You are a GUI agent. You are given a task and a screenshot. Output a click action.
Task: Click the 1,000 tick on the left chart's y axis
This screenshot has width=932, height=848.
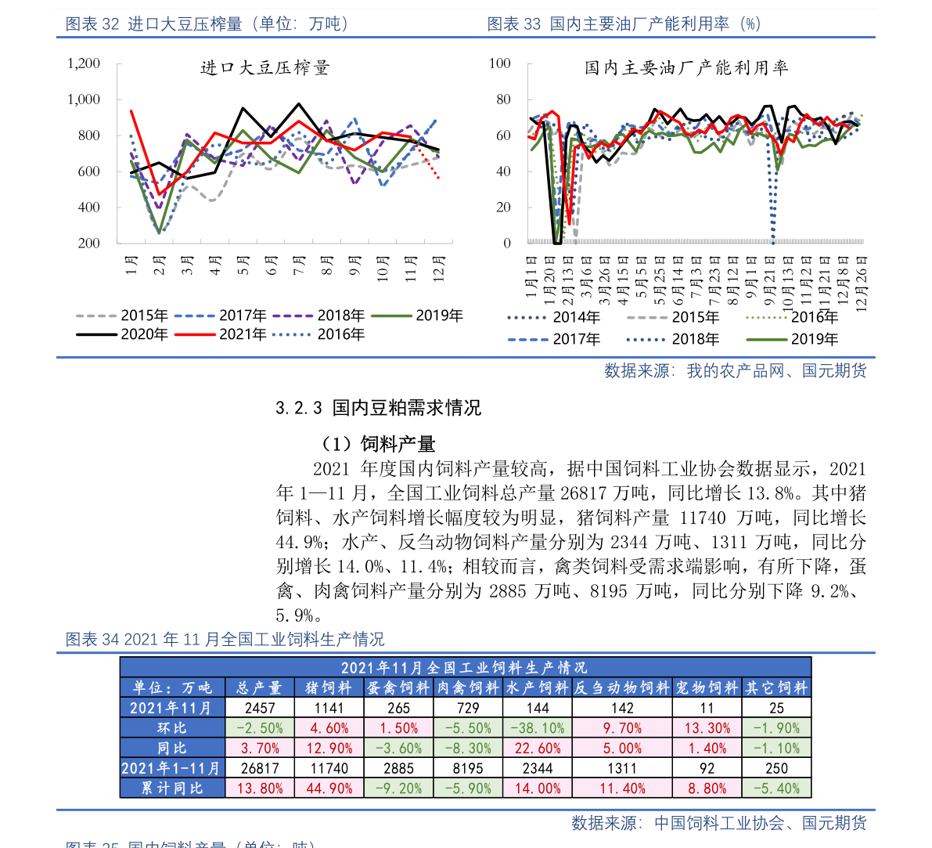[x=84, y=99]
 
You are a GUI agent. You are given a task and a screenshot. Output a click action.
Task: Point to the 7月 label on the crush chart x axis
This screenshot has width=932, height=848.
[x=299, y=267]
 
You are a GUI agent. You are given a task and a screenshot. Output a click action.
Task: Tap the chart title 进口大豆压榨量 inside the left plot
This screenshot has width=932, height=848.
[x=265, y=68]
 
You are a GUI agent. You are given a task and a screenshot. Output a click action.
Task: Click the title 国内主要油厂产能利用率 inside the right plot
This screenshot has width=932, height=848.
[x=686, y=68]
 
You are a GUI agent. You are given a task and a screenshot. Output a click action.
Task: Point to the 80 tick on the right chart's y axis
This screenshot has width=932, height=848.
[x=500, y=99]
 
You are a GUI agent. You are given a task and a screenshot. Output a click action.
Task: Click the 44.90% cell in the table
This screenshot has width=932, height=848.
[x=329, y=788]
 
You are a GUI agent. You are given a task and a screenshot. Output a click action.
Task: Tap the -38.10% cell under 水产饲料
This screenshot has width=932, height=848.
[x=537, y=728]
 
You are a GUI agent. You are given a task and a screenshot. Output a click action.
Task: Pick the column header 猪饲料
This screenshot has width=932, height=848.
[x=329, y=688]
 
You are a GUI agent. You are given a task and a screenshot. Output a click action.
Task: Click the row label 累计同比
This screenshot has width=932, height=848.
[x=172, y=788]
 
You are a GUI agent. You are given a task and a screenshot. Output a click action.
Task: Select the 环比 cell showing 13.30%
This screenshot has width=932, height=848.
[x=707, y=728]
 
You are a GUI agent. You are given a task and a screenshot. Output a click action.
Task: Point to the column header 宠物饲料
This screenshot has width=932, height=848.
[x=707, y=688]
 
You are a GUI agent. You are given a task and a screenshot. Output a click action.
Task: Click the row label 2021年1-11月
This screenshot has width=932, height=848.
[x=171, y=768]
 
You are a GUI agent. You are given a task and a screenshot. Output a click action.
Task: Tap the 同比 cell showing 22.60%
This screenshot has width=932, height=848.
[x=537, y=749]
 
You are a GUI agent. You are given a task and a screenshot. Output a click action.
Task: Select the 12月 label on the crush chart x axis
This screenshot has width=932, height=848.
[x=439, y=269]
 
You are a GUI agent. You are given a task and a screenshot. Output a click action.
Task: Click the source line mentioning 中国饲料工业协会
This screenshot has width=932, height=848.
[x=719, y=823]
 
